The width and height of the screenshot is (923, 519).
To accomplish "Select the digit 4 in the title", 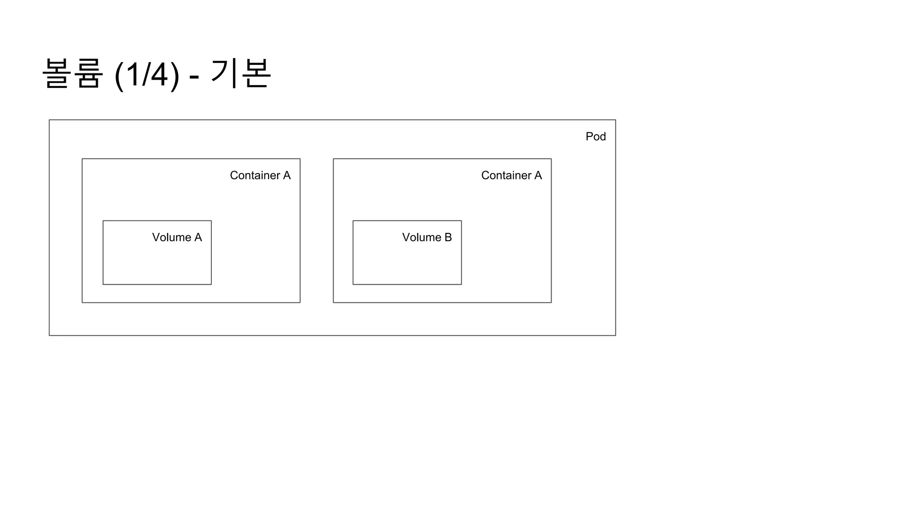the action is coord(159,74).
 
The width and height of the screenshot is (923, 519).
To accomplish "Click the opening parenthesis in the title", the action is coord(119,75).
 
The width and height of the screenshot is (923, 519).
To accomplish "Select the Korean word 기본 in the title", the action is coord(241,73).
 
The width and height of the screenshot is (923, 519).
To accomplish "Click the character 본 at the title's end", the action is coord(256,73).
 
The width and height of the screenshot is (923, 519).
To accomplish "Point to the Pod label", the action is coord(595,137).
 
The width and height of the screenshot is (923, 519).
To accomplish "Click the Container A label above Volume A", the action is coord(260,175).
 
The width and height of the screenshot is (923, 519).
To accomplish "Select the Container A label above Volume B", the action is coord(511,175).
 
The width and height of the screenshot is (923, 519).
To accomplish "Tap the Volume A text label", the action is coord(177,237).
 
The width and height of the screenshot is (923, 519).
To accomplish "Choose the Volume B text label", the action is coord(427,237).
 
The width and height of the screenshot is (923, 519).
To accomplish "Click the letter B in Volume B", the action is coord(448,237).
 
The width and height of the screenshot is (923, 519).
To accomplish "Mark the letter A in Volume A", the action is coord(198,237).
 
